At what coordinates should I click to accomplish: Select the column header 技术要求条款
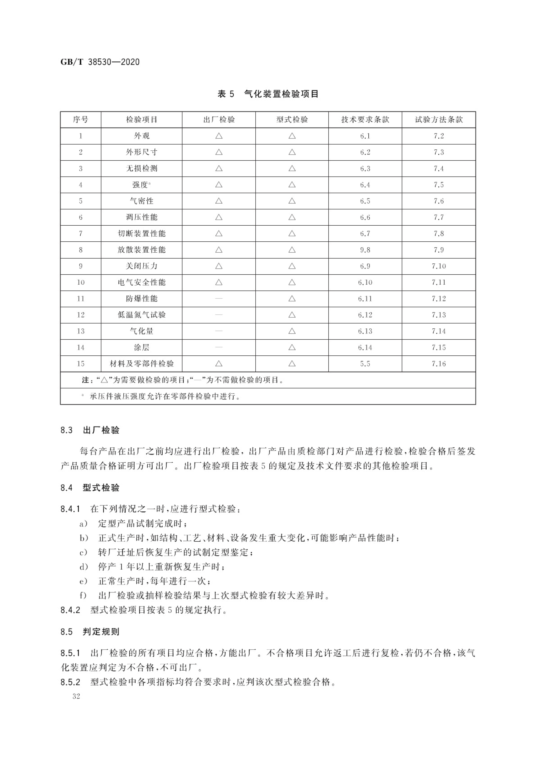(x=365, y=119)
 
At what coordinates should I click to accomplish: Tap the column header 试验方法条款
(x=439, y=119)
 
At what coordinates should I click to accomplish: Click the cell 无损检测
(x=142, y=168)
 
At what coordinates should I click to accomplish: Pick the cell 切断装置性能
(x=142, y=233)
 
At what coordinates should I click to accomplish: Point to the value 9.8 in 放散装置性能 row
(x=365, y=250)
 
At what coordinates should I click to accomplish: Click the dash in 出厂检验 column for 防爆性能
(x=219, y=299)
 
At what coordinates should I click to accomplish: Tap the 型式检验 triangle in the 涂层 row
(x=292, y=347)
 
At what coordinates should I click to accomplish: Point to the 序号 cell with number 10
(x=80, y=282)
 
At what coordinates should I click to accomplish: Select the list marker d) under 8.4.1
(x=83, y=567)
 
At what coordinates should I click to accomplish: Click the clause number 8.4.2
(x=70, y=610)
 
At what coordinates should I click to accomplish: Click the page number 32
(x=76, y=696)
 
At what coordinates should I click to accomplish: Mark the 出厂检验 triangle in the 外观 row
(x=219, y=136)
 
